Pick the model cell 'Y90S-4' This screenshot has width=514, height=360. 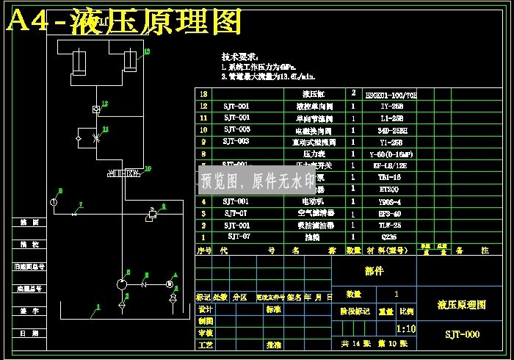pos(389,201)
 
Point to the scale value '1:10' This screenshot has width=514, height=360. pos(405,329)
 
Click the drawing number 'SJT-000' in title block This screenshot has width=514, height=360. pos(463,334)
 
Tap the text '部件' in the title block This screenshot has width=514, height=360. pos(374,271)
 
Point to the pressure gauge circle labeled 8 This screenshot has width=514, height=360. pos(54,201)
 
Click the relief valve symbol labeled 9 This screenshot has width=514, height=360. pos(152,215)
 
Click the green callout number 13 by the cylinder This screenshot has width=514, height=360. pos(147,51)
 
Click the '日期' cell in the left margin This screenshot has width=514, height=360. pos(29,334)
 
